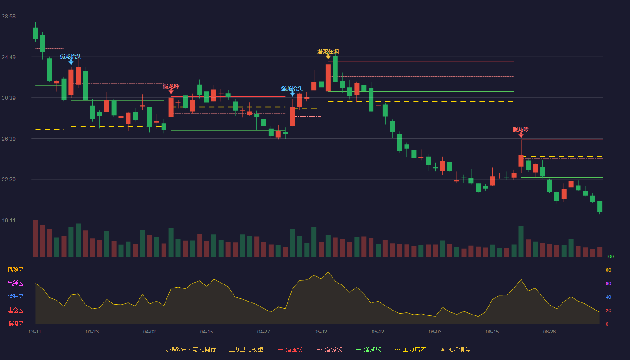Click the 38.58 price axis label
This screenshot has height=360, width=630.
[9, 17]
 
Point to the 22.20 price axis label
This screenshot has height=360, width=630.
[9, 180]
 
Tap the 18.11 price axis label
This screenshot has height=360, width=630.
[9, 220]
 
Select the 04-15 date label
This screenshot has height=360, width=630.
[207, 332]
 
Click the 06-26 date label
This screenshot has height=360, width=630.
[549, 332]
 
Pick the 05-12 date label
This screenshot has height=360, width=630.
[320, 332]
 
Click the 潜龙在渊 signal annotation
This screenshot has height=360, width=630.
[328, 51]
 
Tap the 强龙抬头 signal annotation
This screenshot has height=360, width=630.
[292, 89]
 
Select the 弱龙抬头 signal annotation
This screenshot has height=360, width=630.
[71, 57]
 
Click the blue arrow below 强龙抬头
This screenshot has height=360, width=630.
[292, 94]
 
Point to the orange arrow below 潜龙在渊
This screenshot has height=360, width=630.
[328, 57]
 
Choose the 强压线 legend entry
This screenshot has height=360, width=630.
[290, 349]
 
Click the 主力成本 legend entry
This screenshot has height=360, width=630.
[410, 349]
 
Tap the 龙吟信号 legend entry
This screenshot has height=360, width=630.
[455, 349]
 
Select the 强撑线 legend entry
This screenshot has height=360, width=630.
[369, 349]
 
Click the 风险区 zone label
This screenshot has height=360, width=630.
[15, 270]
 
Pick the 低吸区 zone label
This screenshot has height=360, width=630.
[15, 324]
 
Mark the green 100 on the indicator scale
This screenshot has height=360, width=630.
[610, 256]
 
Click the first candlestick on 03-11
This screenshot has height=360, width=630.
[35, 33]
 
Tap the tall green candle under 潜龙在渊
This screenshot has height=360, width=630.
[335, 69]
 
